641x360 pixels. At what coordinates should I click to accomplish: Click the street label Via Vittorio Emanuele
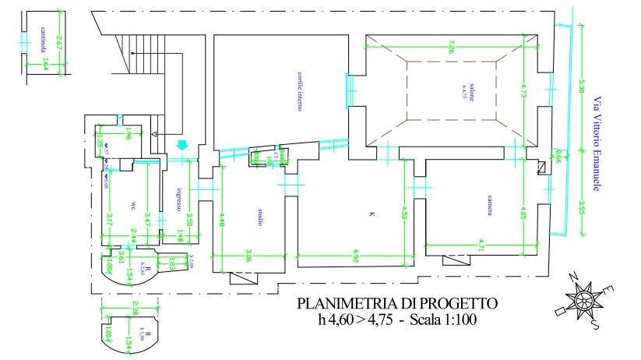click(x=598, y=144)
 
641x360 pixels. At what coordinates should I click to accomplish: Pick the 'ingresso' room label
click(x=178, y=200)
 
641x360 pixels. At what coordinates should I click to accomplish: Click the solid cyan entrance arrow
click(x=183, y=146)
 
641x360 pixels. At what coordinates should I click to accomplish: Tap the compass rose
click(x=583, y=299)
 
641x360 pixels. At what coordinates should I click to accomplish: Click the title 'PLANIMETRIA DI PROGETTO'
click(x=396, y=303)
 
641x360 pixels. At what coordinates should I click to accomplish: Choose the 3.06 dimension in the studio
click(x=248, y=252)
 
